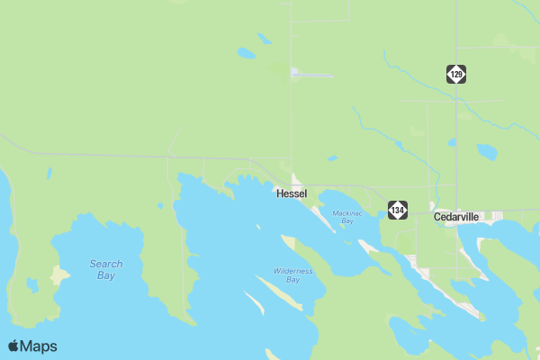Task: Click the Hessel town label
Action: (x=292, y=193)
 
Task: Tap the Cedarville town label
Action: (x=456, y=217)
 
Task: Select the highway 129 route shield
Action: (x=456, y=74)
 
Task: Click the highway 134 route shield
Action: (x=398, y=210)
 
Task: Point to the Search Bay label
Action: (x=106, y=269)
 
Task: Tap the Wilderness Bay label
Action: (x=292, y=274)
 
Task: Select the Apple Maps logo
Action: (x=32, y=346)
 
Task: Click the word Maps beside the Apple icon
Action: (x=40, y=346)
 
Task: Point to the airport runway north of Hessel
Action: (x=311, y=76)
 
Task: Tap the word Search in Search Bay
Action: (x=106, y=264)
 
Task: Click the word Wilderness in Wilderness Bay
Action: (x=292, y=270)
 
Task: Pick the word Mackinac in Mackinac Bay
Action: (x=346, y=212)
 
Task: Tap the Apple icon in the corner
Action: (x=14, y=345)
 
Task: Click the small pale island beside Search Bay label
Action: (x=61, y=274)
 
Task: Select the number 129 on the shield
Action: (x=456, y=74)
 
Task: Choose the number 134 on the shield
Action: (x=398, y=210)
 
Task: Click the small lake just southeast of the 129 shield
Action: (x=486, y=151)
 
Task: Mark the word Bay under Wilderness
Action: (x=292, y=280)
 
